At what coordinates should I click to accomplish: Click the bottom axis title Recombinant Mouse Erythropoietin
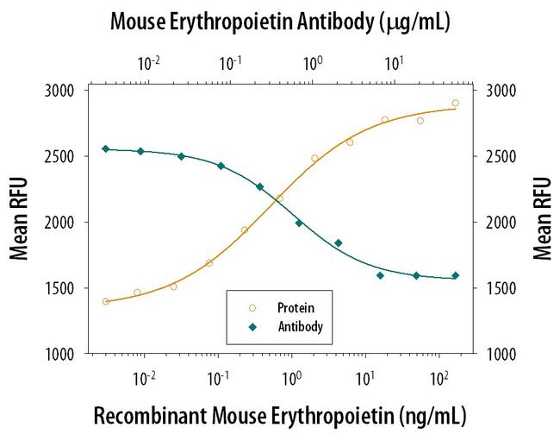tap(280, 414)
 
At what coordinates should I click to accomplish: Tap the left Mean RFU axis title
tap(18, 221)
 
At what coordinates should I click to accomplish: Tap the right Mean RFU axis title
tap(542, 221)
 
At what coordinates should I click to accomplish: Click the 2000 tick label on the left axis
tap(59, 223)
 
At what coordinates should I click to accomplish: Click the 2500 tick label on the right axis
tap(501, 157)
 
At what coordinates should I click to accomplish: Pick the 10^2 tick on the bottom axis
tap(439, 376)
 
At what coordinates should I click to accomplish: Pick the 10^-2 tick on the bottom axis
tap(145, 376)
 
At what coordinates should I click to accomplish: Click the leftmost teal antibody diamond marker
tap(106, 149)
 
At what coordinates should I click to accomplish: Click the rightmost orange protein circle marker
tap(455, 103)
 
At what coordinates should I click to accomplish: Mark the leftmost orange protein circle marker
tap(106, 302)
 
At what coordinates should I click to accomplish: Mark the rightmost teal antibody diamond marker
tap(455, 276)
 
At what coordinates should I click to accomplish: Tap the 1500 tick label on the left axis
tap(59, 288)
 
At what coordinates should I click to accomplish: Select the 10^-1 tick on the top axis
tap(230, 64)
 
